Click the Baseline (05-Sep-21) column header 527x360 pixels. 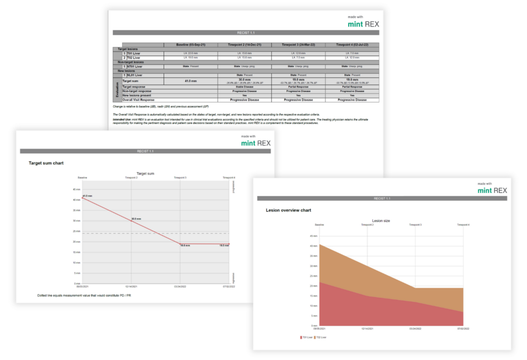[x=190, y=44]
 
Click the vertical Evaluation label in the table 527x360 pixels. [x=118, y=89]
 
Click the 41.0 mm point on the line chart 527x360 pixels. [x=82, y=199]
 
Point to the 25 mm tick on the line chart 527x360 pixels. [x=77, y=231]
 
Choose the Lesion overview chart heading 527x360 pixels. [x=288, y=210]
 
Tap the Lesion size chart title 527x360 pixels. [x=381, y=220]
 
